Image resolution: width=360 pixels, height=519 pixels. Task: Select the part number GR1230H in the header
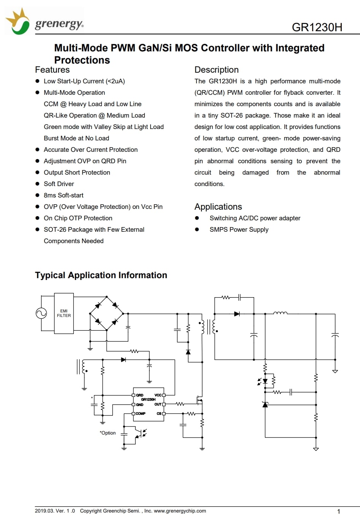tap(317, 27)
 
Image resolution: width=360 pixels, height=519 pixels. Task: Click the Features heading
tap(52, 70)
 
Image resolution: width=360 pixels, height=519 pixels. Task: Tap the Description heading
tap(216, 70)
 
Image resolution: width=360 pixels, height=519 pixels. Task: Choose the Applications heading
tap(218, 207)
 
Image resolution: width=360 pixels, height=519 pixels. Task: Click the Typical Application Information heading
tap(101, 275)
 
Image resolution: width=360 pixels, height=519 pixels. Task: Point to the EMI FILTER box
tap(64, 313)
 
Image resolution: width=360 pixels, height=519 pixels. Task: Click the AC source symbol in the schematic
tap(41, 313)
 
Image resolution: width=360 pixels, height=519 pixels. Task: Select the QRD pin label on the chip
tap(140, 395)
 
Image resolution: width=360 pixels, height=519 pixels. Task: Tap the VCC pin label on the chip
tap(158, 395)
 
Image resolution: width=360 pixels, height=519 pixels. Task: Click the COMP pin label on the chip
tap(141, 414)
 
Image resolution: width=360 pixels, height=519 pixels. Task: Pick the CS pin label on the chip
tap(159, 414)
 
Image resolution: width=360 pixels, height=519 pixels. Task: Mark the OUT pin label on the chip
tap(158, 404)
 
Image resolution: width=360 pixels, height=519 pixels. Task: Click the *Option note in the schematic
tap(108, 433)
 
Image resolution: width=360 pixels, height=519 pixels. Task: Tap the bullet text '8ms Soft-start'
tap(63, 195)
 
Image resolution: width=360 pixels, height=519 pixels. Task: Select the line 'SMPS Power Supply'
tap(239, 229)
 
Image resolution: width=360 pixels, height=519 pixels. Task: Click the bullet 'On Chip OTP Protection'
tap(78, 218)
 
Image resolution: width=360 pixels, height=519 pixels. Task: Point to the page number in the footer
tap(339, 511)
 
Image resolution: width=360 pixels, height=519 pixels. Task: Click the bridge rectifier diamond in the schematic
tap(106, 314)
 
